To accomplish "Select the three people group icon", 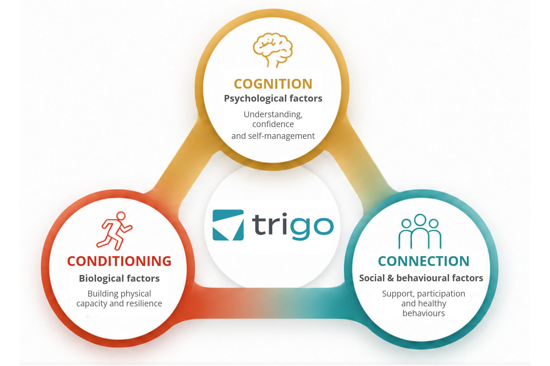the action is click(x=420, y=231).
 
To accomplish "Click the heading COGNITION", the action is click(x=273, y=84).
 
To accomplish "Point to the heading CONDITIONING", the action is click(x=119, y=261).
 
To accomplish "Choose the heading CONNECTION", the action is click(x=423, y=261).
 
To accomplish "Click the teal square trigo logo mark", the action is click(x=228, y=225).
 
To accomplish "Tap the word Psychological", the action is click(x=255, y=98).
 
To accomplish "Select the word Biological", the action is click(x=101, y=279).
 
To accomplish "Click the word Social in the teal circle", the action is click(x=372, y=278).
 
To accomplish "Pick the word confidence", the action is click(x=273, y=124).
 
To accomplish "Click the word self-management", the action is click(x=281, y=136).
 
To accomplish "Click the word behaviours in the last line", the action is click(x=423, y=313).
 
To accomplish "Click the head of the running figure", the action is click(x=121, y=216).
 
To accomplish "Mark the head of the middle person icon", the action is click(x=420, y=220).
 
